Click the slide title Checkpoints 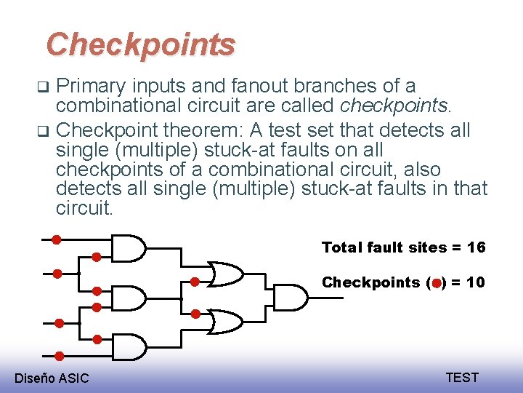point(141,44)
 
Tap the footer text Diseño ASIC point(52,378)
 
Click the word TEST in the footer point(462,377)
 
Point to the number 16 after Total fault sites point(477,247)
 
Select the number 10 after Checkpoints point(476,282)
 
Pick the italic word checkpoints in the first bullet point(395,106)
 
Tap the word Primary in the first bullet point(86,86)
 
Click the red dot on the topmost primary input point(56,239)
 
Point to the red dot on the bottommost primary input point(59,356)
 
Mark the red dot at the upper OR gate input point(195,282)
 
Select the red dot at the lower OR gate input point(195,314)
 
